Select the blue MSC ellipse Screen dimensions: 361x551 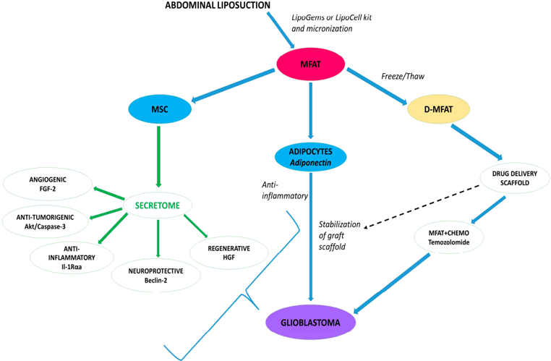click(160, 109)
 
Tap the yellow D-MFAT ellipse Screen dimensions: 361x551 click(439, 109)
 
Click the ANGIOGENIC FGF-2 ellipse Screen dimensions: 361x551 click(48, 184)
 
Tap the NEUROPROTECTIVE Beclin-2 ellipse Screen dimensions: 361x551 click(158, 273)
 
